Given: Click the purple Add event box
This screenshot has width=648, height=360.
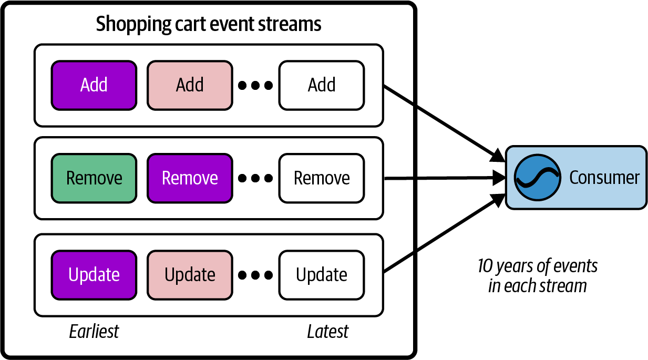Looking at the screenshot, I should (94, 85).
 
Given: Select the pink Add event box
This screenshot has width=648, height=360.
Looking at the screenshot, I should (190, 85).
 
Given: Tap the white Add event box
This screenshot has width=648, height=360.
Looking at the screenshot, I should (322, 85).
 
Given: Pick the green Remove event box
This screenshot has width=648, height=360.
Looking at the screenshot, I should (94, 178).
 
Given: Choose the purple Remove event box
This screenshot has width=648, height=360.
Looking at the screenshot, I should (190, 178).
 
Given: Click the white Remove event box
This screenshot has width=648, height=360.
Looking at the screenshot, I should (322, 178).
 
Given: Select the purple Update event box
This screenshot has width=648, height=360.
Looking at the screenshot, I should (94, 275).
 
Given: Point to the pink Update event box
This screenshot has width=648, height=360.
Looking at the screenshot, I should (190, 275).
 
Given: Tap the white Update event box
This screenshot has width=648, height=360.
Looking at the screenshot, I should (322, 275).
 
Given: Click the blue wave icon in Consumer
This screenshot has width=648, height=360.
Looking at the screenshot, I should (536, 178).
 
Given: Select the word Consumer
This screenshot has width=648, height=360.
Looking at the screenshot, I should (604, 178).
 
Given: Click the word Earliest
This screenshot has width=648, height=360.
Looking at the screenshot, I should (94, 332).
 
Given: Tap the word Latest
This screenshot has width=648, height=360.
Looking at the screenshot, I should (327, 332).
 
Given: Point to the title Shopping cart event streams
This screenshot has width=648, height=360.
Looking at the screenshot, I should (209, 24).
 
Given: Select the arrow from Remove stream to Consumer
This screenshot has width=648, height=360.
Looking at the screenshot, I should (444, 179).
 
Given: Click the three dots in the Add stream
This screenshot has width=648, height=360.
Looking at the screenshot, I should (255, 85).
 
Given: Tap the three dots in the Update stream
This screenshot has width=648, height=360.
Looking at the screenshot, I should (255, 275).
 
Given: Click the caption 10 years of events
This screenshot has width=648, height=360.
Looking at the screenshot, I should (538, 266).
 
